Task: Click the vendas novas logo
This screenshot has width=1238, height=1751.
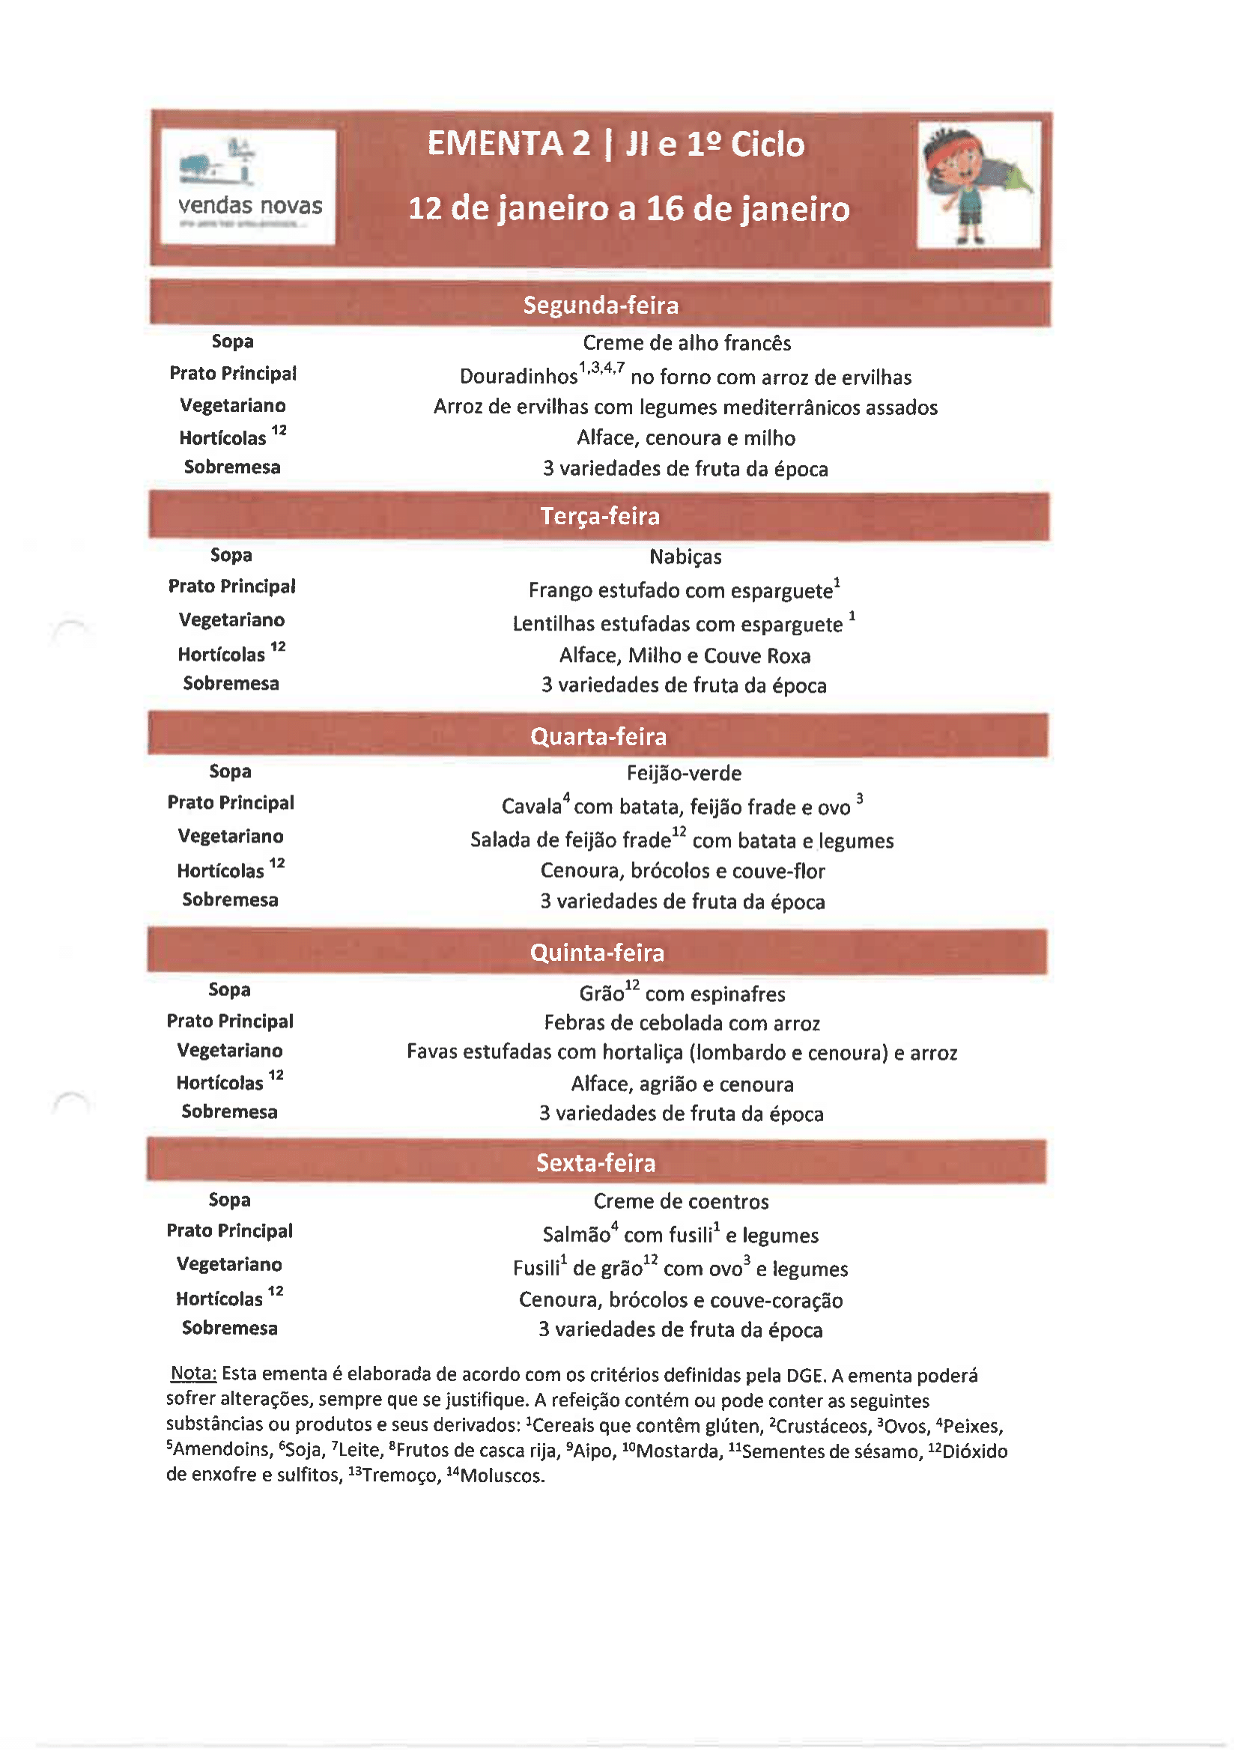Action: (248, 186)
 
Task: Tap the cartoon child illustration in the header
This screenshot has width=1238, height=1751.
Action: (977, 184)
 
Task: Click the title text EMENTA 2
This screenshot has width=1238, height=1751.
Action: (508, 144)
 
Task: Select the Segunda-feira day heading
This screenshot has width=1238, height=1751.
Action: (601, 305)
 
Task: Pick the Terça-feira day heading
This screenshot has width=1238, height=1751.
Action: (600, 516)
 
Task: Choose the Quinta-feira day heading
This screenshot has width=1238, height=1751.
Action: (596, 953)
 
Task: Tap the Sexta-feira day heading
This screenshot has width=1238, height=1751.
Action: (595, 1162)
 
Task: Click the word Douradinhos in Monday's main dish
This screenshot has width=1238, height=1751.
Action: (518, 377)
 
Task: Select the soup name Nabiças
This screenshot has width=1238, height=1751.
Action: (685, 556)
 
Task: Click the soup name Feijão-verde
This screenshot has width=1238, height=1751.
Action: (684, 774)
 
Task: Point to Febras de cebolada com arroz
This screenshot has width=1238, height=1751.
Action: (682, 1023)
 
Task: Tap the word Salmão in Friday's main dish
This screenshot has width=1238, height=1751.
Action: (576, 1235)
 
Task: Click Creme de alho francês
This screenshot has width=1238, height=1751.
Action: (687, 343)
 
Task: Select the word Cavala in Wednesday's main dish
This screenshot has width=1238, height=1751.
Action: (531, 807)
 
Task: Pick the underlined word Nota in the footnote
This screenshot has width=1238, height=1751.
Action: (193, 1374)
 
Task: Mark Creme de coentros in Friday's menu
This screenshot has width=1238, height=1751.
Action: (680, 1201)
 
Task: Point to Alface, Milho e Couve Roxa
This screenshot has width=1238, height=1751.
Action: (685, 656)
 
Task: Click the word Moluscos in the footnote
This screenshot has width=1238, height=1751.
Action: (502, 1475)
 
